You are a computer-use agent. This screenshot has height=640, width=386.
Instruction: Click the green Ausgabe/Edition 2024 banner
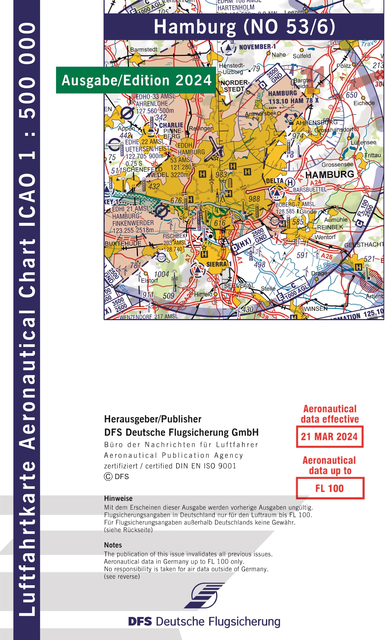tap(136, 80)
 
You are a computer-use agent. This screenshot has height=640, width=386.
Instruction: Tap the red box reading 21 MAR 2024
tap(329, 437)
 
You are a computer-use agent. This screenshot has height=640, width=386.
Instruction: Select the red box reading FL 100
tap(330, 488)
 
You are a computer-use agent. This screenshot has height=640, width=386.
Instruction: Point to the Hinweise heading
tap(118, 499)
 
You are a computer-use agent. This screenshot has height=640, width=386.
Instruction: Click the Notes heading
tap(113, 545)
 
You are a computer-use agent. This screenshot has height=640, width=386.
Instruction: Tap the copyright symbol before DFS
tap(108, 477)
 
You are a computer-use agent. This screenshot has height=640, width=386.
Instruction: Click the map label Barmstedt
tap(143, 50)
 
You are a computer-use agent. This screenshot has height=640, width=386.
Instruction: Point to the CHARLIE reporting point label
tap(171, 125)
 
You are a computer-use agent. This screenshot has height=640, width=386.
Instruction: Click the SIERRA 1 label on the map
tap(219, 264)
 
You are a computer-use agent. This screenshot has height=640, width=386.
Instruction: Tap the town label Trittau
tap(372, 155)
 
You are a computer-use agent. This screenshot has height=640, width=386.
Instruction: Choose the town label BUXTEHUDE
tap(123, 244)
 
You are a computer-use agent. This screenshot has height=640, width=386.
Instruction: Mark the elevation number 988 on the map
tap(254, 199)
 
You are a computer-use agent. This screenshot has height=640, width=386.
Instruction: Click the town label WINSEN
tap(316, 309)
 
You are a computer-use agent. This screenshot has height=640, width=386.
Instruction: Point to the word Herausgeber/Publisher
tap(153, 419)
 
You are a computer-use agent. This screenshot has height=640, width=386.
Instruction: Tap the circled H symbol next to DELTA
tap(290, 182)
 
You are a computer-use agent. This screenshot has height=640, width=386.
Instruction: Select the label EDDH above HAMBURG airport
tap(185, 145)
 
